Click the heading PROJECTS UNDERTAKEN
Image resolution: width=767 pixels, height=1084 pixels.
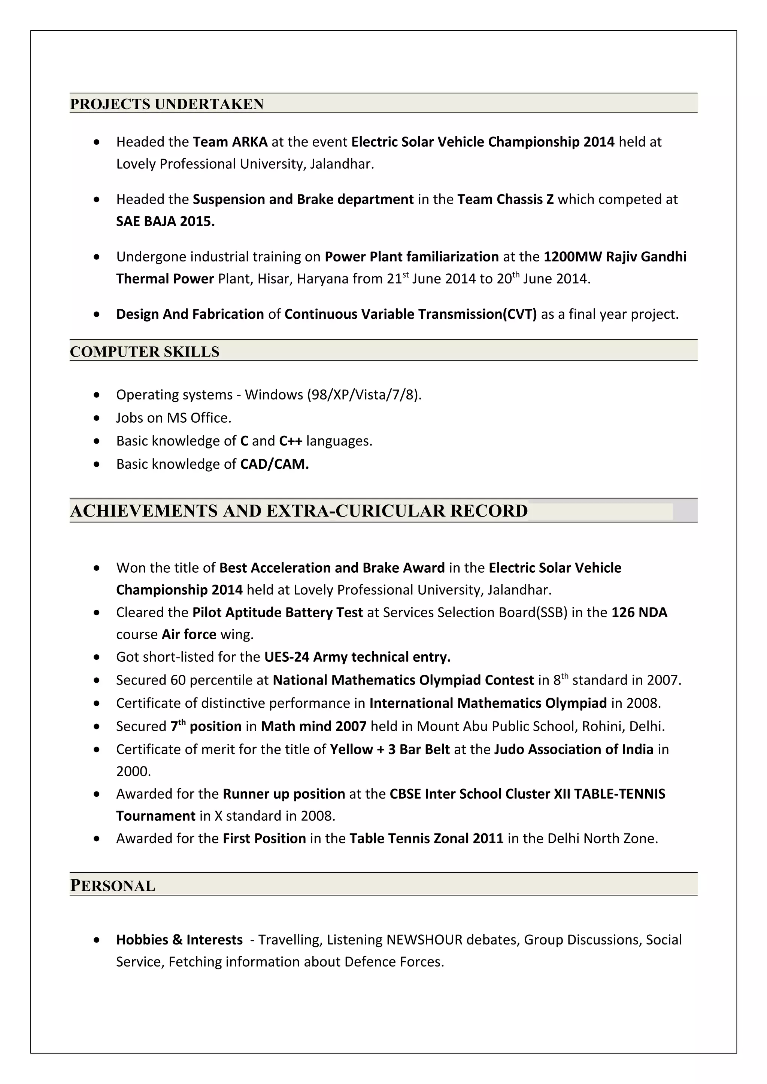tap(166, 104)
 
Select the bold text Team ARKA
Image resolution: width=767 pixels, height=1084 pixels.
tap(230, 142)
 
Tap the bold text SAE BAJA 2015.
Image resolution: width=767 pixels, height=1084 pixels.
tap(166, 221)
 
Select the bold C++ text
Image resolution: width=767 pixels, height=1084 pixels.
tap(290, 441)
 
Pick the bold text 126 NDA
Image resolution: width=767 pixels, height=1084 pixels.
tap(639, 612)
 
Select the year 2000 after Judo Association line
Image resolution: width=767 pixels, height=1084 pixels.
tap(133, 771)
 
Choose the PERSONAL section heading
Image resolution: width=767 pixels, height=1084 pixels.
tap(112, 886)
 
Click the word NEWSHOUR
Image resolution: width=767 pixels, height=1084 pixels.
tap(424, 940)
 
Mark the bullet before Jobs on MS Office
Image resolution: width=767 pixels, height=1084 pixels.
tap(97, 418)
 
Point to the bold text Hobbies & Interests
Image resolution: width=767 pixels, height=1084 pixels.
tap(179, 940)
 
